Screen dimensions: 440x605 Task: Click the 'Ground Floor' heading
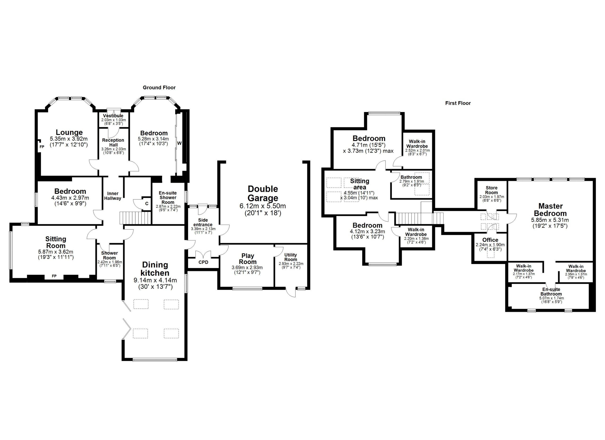[x=159, y=87]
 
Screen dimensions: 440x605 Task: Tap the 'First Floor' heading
[x=458, y=103]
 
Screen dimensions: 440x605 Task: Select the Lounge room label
[x=69, y=132]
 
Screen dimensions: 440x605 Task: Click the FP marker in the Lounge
[x=42, y=147]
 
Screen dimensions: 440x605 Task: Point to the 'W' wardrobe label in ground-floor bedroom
[x=179, y=143]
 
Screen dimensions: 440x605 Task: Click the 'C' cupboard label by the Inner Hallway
[x=147, y=204]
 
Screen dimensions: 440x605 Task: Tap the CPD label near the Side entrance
[x=203, y=262]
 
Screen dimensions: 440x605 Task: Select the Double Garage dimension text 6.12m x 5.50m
[x=263, y=206]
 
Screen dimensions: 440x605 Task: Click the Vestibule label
[x=113, y=116]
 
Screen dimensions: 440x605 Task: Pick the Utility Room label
[x=290, y=257]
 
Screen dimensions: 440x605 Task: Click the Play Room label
[x=247, y=259]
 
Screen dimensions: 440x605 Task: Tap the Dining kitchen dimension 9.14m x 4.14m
[x=155, y=280]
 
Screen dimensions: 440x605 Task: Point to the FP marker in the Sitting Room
[x=54, y=276]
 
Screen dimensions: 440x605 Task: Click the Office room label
[x=490, y=240]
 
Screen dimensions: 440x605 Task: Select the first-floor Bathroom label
[x=411, y=177]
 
